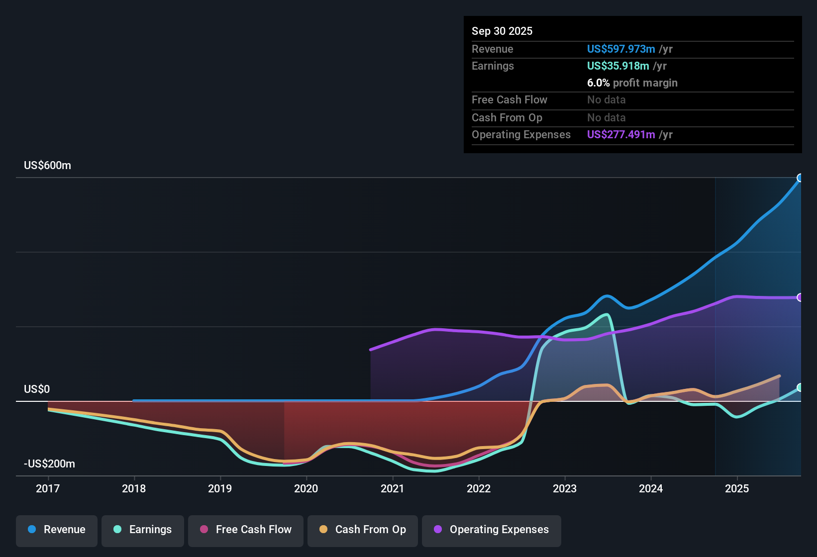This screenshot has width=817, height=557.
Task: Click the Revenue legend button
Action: pos(57,530)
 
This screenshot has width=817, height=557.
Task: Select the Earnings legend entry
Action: pos(143,530)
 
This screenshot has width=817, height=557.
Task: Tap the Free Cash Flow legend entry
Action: pos(246,530)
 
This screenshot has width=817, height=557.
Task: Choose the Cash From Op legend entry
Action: pos(363,530)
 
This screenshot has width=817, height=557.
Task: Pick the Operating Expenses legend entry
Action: pos(492,530)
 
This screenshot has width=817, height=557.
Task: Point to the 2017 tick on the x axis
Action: pos(48,488)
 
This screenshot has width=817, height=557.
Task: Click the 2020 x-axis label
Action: pos(306,488)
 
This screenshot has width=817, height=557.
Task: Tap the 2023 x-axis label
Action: pos(565,488)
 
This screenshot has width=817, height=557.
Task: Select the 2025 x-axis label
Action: pos(737,488)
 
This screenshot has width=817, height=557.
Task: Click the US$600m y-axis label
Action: pos(48,166)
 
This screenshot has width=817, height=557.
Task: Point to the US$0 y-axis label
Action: pos(37,389)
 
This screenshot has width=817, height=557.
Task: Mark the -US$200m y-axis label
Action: pos(50,464)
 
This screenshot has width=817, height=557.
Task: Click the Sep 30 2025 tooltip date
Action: pos(502,31)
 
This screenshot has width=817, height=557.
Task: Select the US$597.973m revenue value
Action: pos(621,49)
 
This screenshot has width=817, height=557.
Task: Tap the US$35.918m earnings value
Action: pos(618,66)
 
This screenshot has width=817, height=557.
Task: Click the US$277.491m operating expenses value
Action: pos(621,134)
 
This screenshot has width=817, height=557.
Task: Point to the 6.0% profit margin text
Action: pos(632,83)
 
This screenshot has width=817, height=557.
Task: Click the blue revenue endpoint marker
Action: pos(800,178)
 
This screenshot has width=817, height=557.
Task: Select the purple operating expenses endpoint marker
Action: pos(800,297)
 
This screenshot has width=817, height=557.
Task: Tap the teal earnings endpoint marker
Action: pos(800,387)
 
